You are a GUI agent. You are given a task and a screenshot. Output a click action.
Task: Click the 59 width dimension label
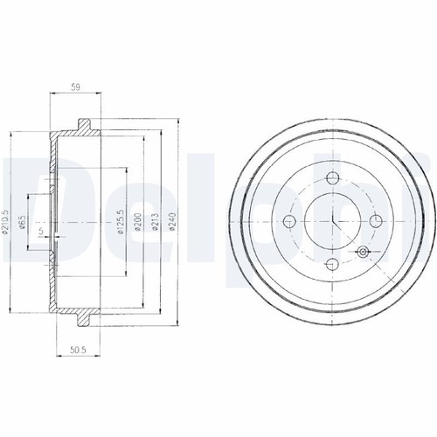(x=75, y=87)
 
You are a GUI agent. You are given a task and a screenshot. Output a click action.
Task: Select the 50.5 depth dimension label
(x=79, y=350)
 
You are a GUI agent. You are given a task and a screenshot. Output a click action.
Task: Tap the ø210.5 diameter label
(x=5, y=222)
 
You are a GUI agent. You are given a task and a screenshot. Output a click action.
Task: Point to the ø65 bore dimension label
(x=22, y=220)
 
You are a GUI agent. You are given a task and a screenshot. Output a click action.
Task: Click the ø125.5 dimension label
(x=121, y=221)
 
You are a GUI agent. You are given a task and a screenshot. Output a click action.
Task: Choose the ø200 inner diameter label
(x=138, y=222)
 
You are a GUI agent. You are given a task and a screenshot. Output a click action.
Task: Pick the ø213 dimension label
(x=155, y=222)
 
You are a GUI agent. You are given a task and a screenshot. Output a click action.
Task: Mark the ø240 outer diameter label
(x=172, y=222)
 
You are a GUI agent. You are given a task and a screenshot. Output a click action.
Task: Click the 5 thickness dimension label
(x=41, y=232)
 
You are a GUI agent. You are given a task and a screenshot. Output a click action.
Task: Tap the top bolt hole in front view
(x=332, y=178)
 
